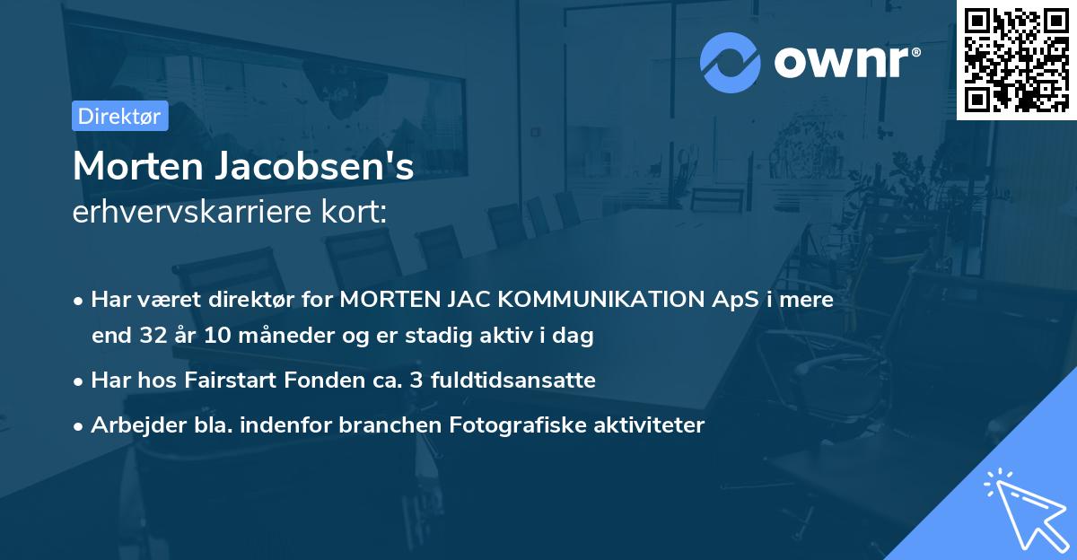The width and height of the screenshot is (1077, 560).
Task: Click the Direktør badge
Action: tap(119, 116)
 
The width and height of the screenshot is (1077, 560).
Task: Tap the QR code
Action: tap(1016, 59)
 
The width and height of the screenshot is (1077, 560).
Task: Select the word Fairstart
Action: tap(226, 380)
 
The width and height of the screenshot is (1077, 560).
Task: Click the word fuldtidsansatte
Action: tap(505, 380)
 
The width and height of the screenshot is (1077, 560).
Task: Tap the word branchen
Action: tap(377, 425)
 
